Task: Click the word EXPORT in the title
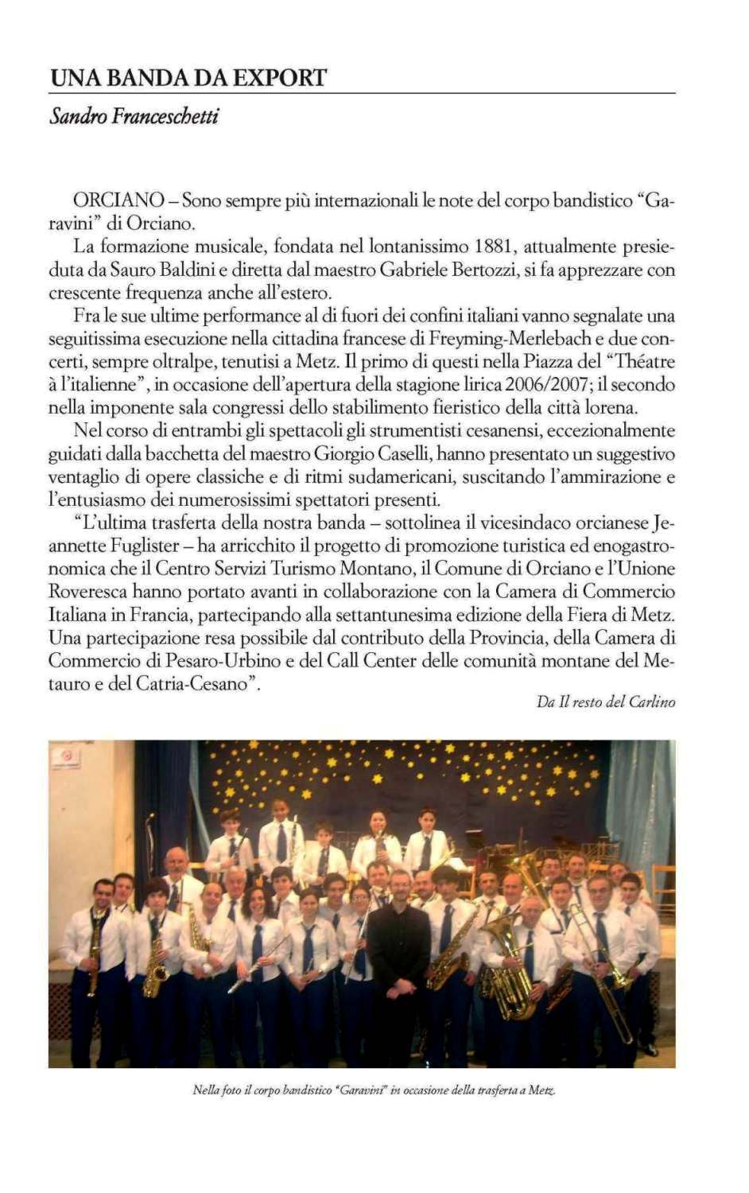point(282,78)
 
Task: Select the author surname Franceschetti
point(165,116)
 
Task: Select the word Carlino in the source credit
point(652,701)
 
